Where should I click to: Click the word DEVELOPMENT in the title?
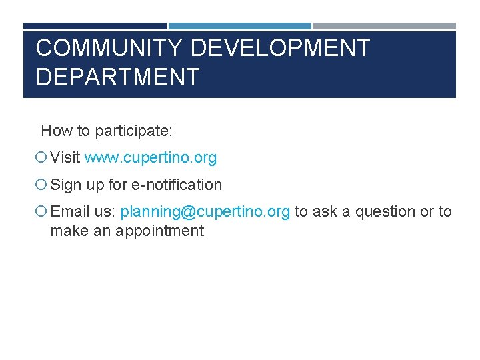coord(280,49)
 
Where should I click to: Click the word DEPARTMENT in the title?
coord(117,77)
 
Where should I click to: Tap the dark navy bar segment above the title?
coord(95,27)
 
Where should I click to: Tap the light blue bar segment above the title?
coord(239,27)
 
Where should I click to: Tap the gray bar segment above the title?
coord(385,27)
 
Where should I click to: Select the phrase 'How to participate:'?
coord(107,131)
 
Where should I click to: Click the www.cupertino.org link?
coord(151,158)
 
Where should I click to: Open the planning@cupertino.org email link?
coord(205,212)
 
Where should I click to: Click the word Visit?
coord(65,158)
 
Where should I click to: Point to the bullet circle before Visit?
coord(41,158)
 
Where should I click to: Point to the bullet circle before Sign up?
coord(41,185)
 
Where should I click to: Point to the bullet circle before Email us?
coord(41,212)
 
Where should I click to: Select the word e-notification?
coord(177,185)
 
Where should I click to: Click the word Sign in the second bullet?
coord(65,185)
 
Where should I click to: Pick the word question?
coord(385,212)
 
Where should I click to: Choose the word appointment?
coord(159,231)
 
